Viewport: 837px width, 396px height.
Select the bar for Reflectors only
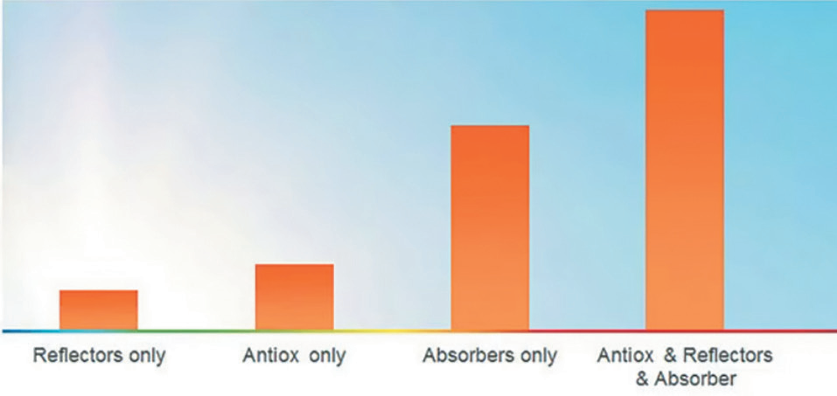[99, 310]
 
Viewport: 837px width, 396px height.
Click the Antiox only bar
[294, 296]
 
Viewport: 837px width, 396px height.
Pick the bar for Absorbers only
[490, 228]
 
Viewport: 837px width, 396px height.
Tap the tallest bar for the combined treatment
[685, 170]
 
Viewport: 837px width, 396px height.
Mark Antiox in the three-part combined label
[625, 356]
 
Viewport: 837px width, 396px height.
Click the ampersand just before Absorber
[643, 379]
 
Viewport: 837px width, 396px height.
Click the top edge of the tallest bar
[685, 10]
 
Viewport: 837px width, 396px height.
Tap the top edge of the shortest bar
[99, 291]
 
